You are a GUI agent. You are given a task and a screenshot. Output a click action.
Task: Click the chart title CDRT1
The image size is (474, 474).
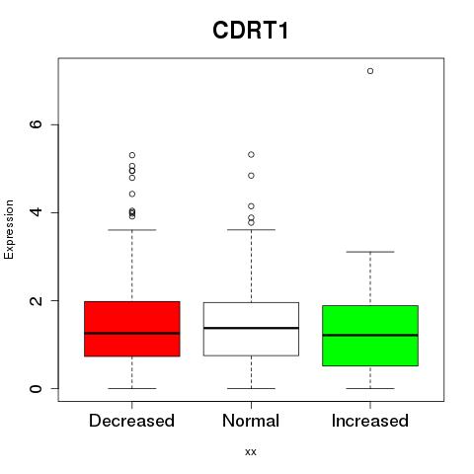click(x=251, y=31)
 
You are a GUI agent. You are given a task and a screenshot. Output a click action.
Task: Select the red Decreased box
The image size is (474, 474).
click(x=132, y=329)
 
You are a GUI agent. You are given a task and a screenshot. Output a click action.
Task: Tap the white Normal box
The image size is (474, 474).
click(x=251, y=329)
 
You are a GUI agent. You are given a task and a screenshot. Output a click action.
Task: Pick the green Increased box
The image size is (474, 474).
click(x=370, y=336)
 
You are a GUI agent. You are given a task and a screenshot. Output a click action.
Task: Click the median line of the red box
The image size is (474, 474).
click(x=132, y=333)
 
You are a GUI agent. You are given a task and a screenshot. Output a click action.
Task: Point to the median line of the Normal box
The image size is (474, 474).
click(x=251, y=328)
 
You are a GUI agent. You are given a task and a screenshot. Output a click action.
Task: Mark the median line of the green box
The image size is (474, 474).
click(x=370, y=335)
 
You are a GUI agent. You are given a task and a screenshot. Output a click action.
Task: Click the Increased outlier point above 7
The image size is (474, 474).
click(x=370, y=71)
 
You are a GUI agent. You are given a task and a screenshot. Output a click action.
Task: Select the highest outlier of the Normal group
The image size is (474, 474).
click(x=251, y=155)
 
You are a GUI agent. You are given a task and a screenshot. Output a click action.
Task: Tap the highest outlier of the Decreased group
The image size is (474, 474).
click(x=132, y=155)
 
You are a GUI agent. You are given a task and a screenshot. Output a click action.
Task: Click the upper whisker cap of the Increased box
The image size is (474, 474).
click(x=370, y=252)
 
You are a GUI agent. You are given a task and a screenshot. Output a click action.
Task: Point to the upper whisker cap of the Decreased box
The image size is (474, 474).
click(x=132, y=230)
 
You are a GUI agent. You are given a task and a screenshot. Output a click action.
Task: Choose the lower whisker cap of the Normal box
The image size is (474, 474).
click(x=251, y=388)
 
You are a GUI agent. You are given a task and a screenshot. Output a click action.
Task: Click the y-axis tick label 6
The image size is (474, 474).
click(x=36, y=124)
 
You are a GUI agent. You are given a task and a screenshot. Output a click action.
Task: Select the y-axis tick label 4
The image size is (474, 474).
click(x=36, y=212)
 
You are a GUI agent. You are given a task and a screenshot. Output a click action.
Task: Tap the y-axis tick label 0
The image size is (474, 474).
click(x=36, y=388)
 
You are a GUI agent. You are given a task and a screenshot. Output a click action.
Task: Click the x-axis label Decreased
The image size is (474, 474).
click(x=131, y=421)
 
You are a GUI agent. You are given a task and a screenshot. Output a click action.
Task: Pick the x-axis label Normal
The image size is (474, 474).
click(x=251, y=421)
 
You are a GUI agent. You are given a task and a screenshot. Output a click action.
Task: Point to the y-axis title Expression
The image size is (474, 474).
click(x=9, y=229)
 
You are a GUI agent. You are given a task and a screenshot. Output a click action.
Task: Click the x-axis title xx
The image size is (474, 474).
click(x=251, y=452)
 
